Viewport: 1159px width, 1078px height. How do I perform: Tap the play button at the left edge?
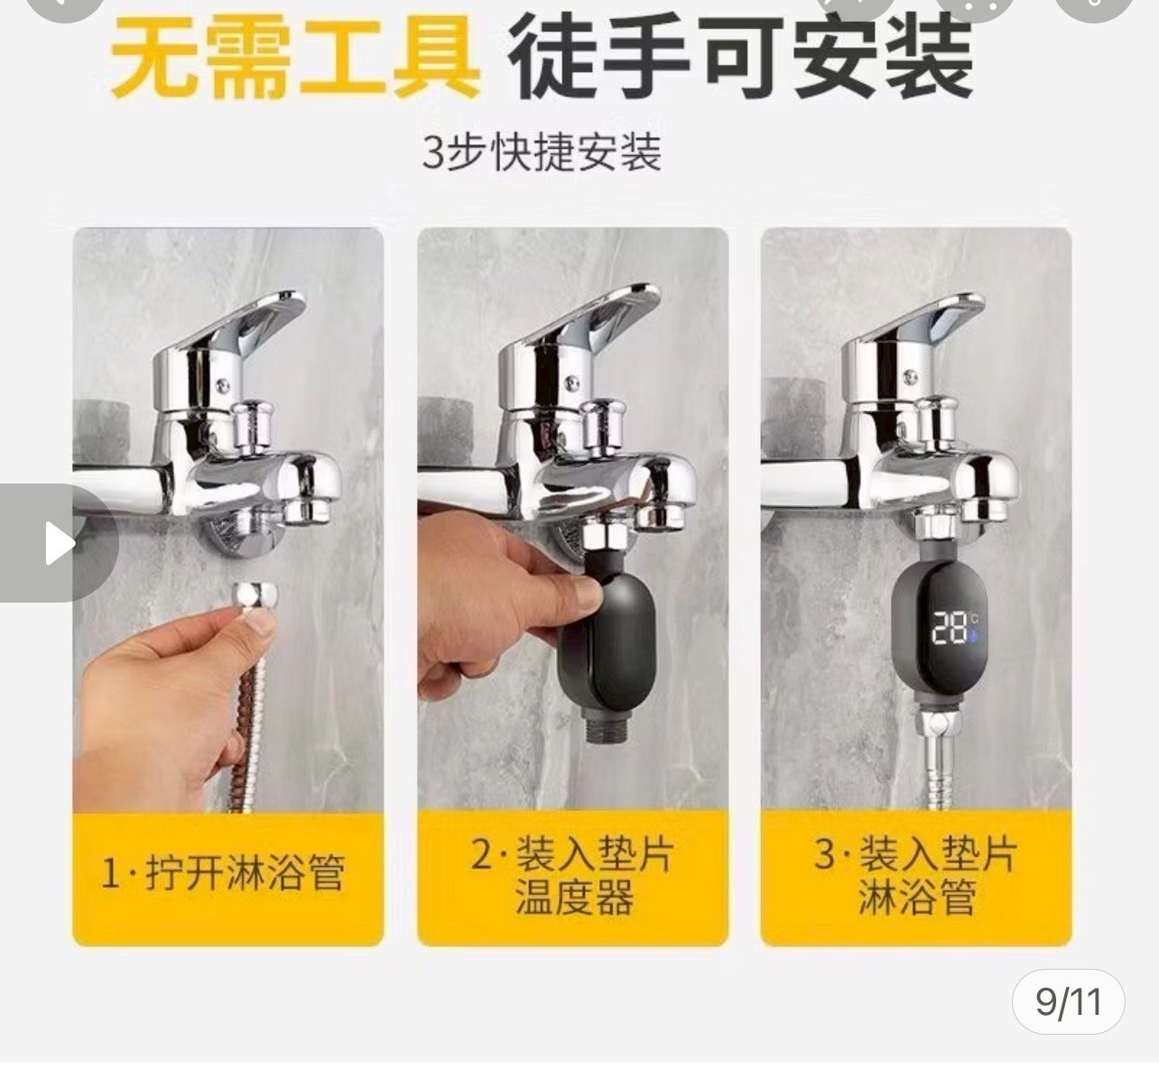(60, 543)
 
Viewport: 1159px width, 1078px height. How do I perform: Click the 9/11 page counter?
(1069, 1001)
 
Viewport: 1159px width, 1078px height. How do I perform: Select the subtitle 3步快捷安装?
(542, 152)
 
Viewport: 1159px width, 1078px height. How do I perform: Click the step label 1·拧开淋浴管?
(224, 873)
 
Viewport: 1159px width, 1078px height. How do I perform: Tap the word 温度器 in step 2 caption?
(574, 898)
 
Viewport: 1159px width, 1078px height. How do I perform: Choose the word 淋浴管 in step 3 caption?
(917, 898)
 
